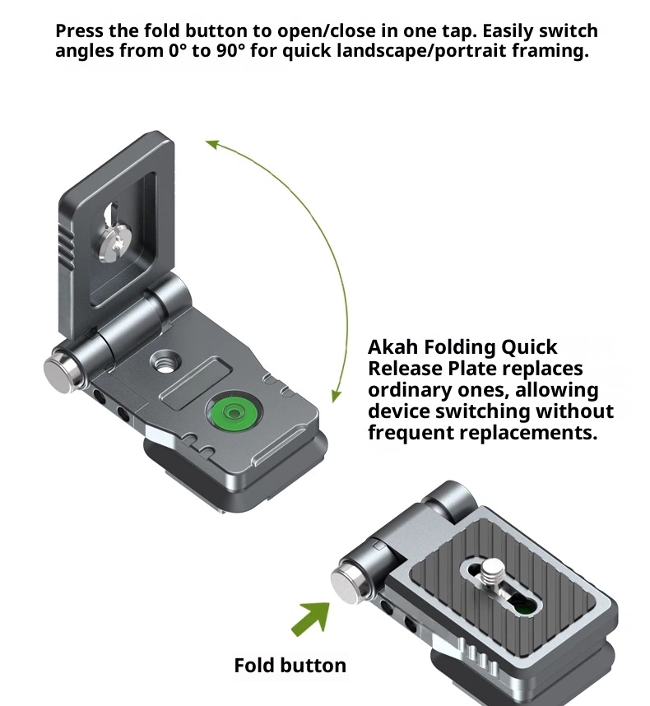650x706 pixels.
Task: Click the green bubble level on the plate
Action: [233, 412]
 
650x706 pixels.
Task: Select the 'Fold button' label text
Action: [290, 666]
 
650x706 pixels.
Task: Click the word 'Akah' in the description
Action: [393, 347]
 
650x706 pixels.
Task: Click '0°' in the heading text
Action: [174, 50]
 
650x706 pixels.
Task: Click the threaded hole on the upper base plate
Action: [165, 361]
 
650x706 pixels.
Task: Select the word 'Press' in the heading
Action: [80, 31]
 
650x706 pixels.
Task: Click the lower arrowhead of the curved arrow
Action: [336, 396]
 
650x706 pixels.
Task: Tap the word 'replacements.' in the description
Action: [528, 433]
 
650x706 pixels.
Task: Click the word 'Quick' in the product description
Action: [529, 347]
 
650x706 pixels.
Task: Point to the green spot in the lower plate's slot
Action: [523, 607]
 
